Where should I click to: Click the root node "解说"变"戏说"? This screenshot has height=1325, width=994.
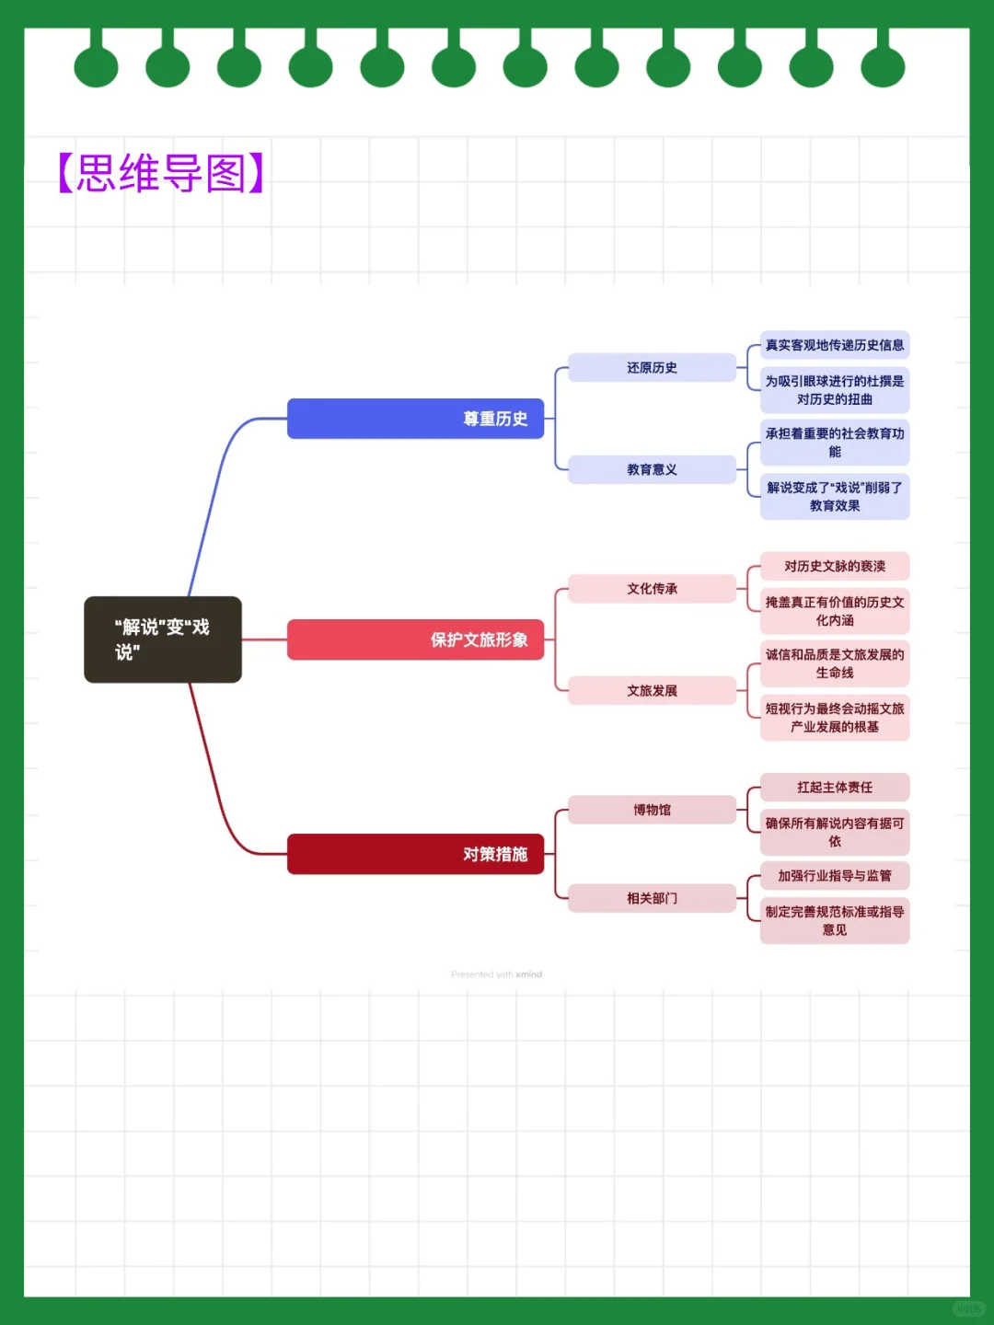[163, 639]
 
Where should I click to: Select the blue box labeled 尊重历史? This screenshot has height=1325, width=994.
[415, 419]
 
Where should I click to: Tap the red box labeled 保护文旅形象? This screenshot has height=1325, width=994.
[415, 639]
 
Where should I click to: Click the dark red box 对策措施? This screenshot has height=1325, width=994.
[415, 854]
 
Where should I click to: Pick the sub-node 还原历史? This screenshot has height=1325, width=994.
[652, 367]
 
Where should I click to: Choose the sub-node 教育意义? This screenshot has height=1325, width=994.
[652, 469]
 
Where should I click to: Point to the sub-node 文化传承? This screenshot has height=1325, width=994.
[652, 589]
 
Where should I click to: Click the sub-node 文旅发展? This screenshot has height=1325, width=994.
[652, 690]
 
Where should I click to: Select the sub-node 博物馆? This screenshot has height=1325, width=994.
[652, 810]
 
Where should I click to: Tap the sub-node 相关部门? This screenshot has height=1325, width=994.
[652, 898]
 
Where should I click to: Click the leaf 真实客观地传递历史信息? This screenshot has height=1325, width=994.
[835, 345]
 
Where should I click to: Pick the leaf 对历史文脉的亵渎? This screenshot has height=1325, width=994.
[835, 566]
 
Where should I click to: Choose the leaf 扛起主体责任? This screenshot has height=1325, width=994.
[835, 787]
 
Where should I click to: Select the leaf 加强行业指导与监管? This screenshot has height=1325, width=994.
[835, 875]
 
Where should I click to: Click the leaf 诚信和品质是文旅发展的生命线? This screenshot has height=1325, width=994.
[835, 663]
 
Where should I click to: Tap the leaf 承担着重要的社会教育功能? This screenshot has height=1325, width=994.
[835, 443]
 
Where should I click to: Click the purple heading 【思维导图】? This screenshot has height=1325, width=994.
[161, 173]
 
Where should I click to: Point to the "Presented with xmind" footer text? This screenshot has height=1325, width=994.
[496, 974]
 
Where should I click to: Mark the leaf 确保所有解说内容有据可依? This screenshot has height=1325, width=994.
[835, 832]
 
